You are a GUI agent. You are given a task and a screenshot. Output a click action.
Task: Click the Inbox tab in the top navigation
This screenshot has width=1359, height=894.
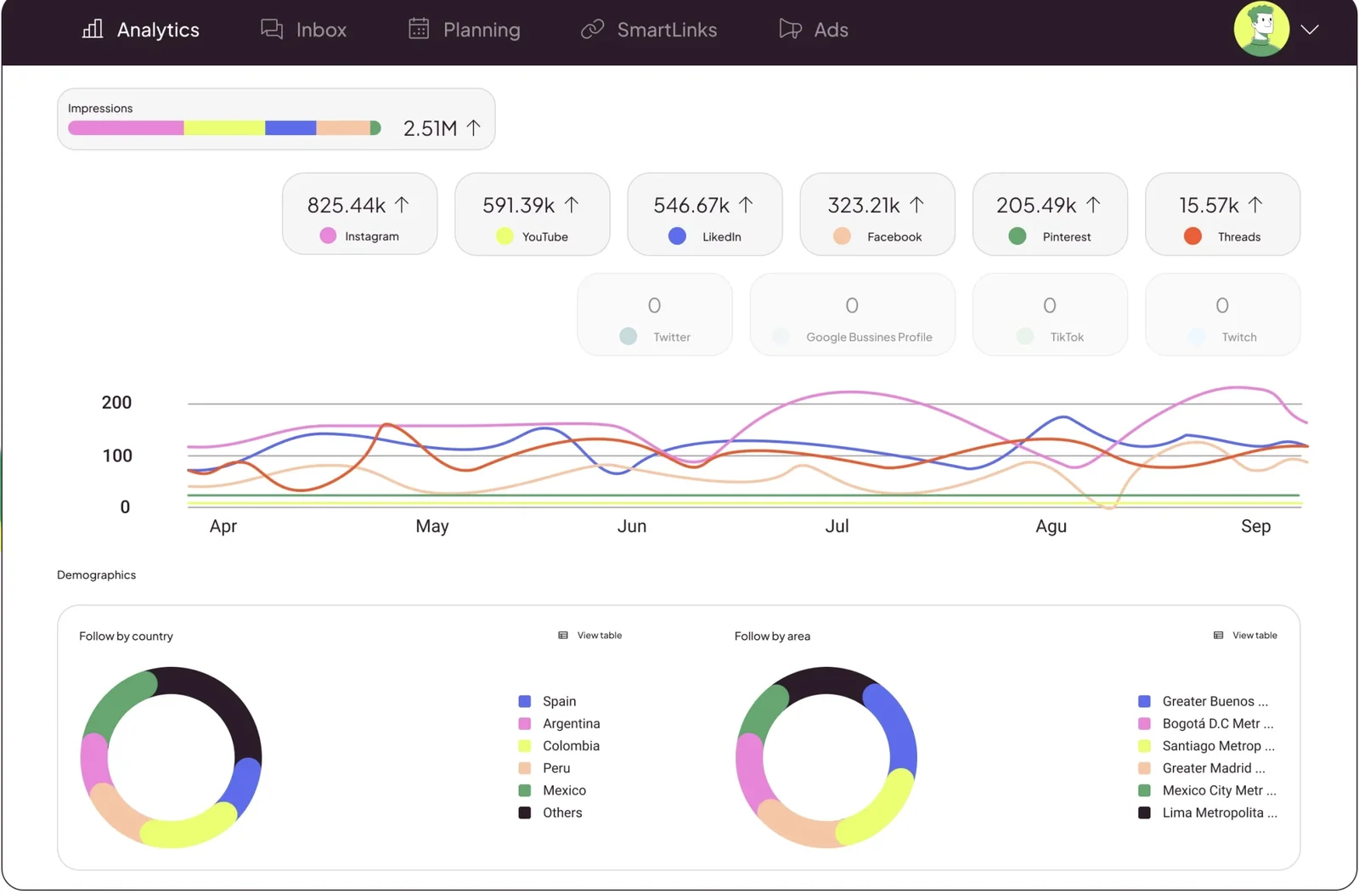304,30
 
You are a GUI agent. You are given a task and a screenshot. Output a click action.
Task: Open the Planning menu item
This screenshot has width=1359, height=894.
465,30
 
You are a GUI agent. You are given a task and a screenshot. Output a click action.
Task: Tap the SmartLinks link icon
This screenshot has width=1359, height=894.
592,30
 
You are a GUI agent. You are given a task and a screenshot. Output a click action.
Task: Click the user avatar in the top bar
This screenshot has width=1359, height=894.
1260,29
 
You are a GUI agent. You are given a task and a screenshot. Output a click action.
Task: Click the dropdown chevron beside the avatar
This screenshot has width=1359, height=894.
1310,30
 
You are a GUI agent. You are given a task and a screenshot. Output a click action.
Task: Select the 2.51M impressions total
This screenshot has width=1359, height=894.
431,128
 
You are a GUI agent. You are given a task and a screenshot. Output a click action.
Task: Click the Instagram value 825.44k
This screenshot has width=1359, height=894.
347,206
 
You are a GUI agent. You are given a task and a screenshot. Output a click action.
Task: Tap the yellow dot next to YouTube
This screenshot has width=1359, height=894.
505,236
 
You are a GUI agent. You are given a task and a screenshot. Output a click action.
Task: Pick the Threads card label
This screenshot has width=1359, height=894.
1238,237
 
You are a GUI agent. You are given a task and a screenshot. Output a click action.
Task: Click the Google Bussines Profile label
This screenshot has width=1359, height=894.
869,337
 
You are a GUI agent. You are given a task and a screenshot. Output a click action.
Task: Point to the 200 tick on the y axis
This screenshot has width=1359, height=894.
116,403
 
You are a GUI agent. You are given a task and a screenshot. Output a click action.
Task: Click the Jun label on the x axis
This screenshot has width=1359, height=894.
632,526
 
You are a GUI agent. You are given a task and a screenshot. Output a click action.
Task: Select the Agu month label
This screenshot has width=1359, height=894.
1051,526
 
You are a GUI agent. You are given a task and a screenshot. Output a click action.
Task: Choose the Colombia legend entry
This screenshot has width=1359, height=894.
571,746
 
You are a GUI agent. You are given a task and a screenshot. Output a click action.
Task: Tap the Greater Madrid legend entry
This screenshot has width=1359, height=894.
1213,768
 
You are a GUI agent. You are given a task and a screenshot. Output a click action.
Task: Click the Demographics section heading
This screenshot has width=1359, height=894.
96,575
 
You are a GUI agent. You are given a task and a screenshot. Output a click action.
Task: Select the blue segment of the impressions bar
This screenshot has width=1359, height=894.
290,128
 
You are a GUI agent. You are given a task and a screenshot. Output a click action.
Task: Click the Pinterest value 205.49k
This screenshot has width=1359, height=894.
1036,206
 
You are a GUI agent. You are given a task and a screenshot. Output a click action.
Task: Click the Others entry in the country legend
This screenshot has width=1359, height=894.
562,813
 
